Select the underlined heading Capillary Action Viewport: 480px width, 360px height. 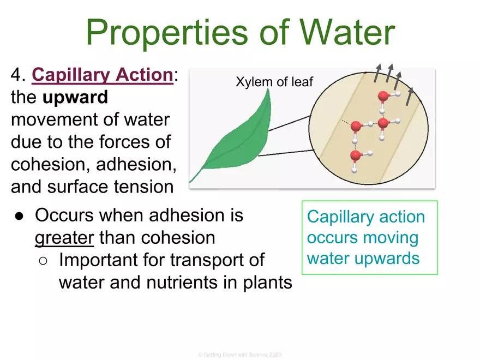pos(102,76)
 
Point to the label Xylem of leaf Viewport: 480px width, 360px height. pos(274,82)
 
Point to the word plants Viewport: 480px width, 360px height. pos(266,283)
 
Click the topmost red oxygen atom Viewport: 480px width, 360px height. pos(383,97)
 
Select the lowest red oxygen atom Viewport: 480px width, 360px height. pos(356,156)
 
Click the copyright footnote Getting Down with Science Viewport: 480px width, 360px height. pos(239,355)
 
